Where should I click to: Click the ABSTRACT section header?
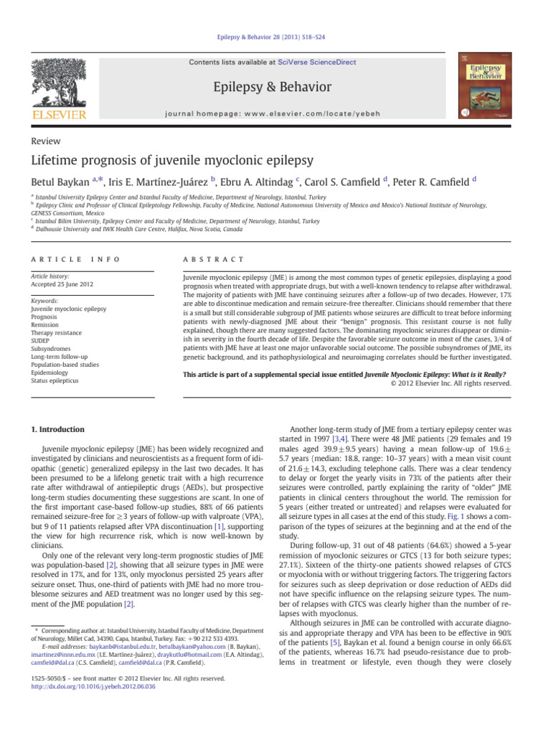pyautogui.click(x=214, y=258)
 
